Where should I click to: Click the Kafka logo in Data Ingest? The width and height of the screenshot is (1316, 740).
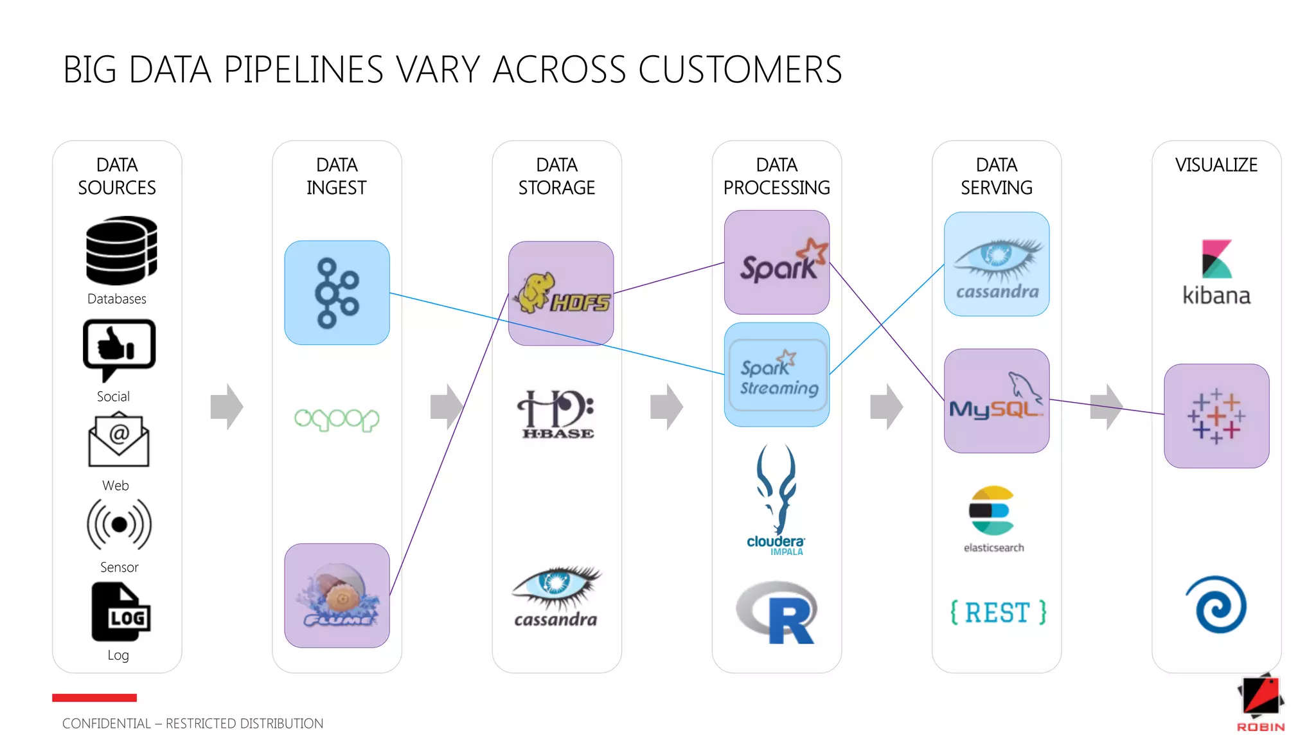(337, 293)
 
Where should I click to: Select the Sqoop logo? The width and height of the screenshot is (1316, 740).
(337, 419)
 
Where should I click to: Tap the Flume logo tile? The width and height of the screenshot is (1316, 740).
(337, 595)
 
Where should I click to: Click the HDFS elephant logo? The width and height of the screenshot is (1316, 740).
(560, 294)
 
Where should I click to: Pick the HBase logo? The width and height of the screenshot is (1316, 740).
(556, 415)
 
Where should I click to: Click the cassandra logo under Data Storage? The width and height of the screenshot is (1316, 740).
(556, 596)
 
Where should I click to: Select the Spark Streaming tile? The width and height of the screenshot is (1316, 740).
(777, 374)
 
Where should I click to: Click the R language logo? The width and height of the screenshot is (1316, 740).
(777, 612)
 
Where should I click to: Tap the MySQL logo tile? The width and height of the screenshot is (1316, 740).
(997, 401)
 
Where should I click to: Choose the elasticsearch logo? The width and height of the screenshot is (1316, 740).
(993, 518)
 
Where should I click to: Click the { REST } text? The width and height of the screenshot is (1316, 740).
(998, 612)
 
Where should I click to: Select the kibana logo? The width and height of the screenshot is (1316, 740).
(1216, 272)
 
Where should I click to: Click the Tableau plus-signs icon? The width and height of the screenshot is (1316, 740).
(1216, 416)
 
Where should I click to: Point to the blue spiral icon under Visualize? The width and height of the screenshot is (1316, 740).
(1216, 605)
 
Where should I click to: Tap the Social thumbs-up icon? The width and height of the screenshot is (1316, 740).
(119, 349)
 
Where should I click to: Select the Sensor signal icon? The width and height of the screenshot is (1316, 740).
(120, 525)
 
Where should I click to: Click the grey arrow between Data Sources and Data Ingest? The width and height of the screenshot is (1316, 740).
(227, 407)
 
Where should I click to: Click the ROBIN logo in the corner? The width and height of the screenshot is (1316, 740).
(1261, 703)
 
